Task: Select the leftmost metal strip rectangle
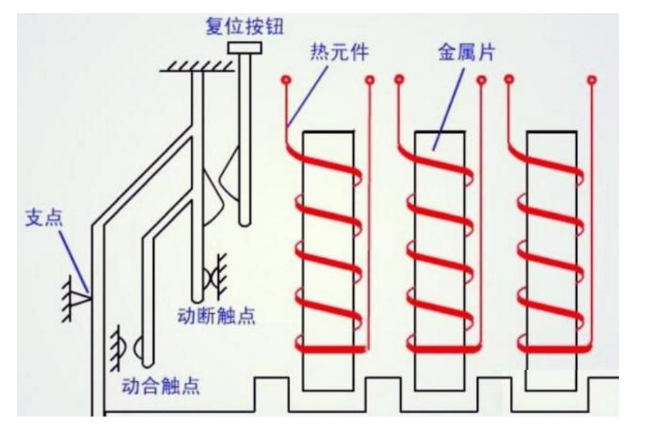[x=327, y=258]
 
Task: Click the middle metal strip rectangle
[x=439, y=258]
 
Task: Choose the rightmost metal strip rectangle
[x=552, y=258]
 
